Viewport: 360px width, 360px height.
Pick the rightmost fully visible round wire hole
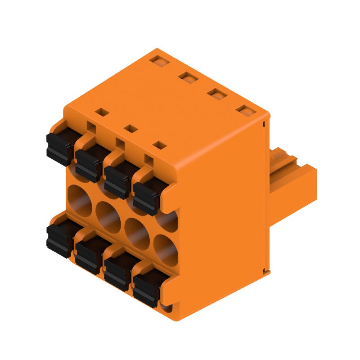pos(166,249)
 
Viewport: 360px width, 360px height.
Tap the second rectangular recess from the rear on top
pos(188,77)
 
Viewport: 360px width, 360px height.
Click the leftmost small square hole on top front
pos(102,112)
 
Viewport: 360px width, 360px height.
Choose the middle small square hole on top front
pos(130,128)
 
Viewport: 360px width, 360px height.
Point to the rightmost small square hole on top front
pos(159,145)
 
